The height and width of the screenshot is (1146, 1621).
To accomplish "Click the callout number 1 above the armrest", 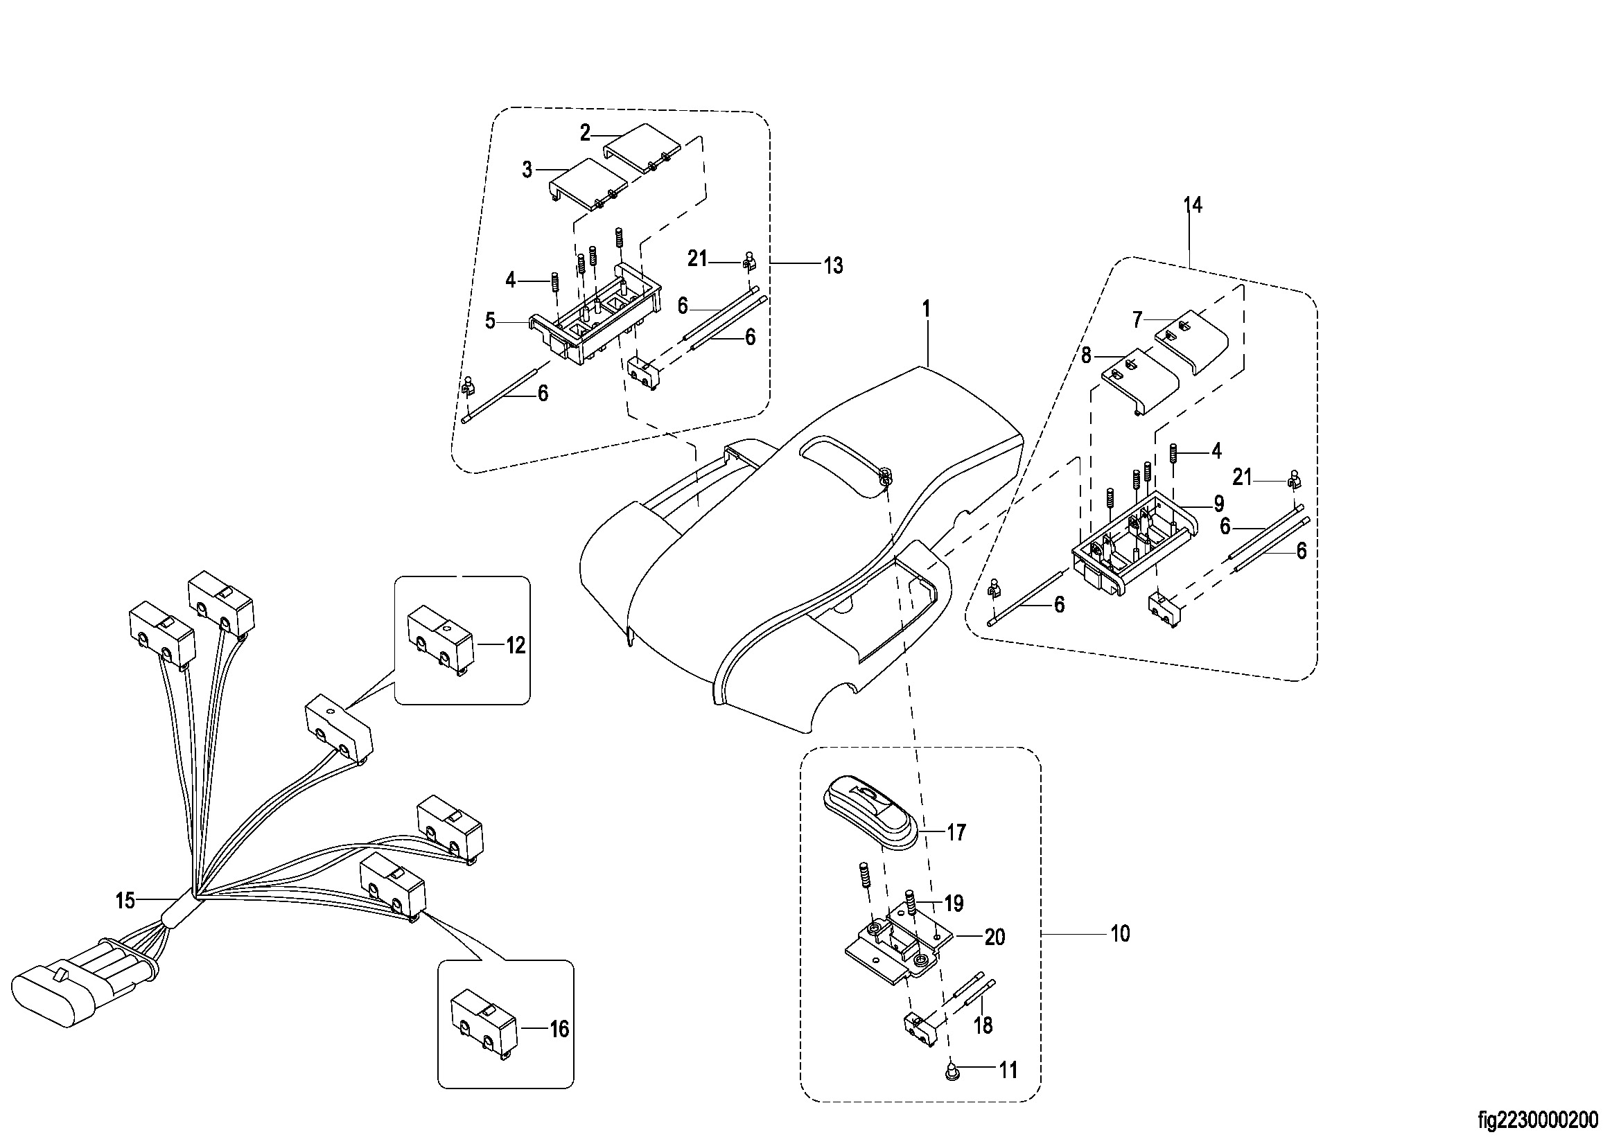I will coord(926,309).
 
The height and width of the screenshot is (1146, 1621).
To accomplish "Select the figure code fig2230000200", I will coord(1538,1120).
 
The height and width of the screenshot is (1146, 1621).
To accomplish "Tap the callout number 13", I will coord(833,266).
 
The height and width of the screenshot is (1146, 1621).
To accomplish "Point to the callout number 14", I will coord(1193,205).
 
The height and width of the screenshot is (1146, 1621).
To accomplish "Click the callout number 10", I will coord(1121,933).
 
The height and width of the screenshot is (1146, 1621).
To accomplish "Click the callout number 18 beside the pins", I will coord(983,1025).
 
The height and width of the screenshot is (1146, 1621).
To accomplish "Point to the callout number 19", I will coord(954,903).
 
